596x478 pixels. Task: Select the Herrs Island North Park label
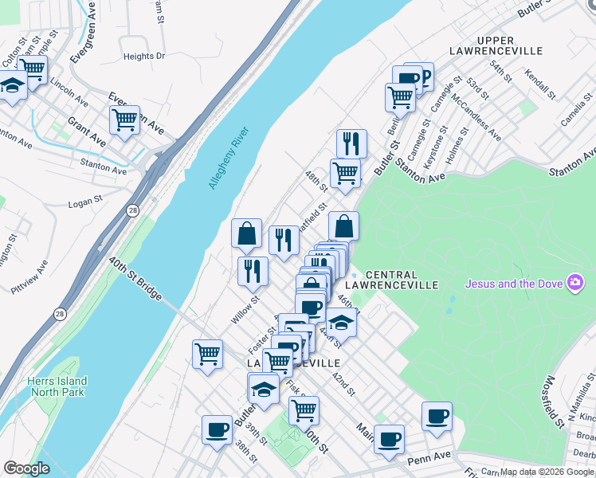click(57, 386)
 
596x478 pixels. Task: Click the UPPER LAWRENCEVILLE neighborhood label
click(509, 45)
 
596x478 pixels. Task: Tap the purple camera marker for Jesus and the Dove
click(574, 283)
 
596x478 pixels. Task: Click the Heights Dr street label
click(143, 57)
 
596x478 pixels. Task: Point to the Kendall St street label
click(539, 85)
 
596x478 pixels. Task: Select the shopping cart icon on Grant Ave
click(124, 120)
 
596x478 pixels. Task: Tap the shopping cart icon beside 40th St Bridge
click(207, 353)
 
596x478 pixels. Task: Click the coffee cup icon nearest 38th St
click(217, 429)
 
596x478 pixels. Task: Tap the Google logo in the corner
click(26, 468)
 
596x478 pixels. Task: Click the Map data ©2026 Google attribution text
click(547, 472)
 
